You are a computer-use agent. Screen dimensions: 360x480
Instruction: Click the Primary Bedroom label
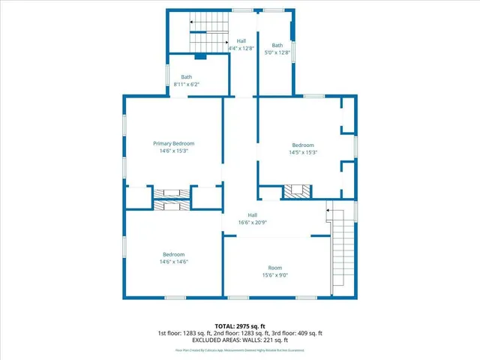click(174, 143)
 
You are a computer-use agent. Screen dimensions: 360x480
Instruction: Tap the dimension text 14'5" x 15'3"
click(303, 152)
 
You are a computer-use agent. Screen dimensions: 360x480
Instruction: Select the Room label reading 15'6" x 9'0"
click(276, 275)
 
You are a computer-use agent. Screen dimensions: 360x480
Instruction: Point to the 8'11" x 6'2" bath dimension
click(187, 85)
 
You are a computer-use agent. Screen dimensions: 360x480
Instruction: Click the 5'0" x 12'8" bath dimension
click(277, 52)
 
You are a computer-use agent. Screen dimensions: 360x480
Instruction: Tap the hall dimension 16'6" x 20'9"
click(253, 223)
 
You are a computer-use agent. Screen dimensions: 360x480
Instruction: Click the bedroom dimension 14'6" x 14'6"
click(173, 262)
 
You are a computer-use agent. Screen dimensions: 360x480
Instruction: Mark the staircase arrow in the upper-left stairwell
click(193, 22)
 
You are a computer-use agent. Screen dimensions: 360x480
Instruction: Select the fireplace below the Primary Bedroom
click(174, 197)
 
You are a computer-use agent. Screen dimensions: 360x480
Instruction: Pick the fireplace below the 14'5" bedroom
click(296, 191)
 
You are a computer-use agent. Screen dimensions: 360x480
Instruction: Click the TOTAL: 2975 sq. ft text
click(240, 326)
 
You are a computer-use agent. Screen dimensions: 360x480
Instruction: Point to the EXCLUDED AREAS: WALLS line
click(240, 340)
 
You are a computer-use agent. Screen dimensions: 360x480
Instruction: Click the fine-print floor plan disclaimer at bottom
click(240, 350)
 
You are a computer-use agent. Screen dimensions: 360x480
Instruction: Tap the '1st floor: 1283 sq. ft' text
click(184, 333)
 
